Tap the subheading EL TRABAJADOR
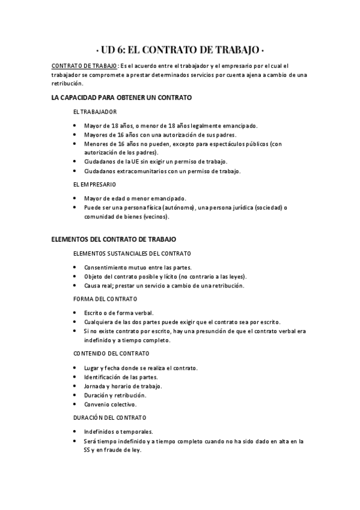(x=94, y=112)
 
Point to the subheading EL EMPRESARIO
(x=94, y=184)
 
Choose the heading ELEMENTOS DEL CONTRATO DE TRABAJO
(x=114, y=239)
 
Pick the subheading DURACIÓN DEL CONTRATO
(x=111, y=417)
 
